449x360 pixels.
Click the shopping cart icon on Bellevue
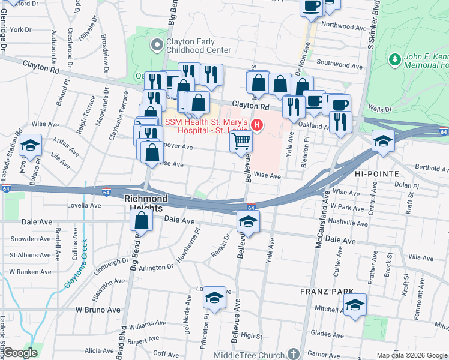(x=241, y=142)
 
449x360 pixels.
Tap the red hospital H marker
(x=257, y=125)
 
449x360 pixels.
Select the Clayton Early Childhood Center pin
(x=157, y=44)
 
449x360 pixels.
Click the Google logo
(x=20, y=353)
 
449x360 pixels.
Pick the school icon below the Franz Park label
(x=355, y=305)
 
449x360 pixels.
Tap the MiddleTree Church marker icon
(x=293, y=354)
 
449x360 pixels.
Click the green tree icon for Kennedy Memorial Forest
(x=394, y=59)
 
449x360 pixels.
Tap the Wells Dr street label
(x=379, y=110)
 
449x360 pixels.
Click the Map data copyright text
(x=412, y=355)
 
